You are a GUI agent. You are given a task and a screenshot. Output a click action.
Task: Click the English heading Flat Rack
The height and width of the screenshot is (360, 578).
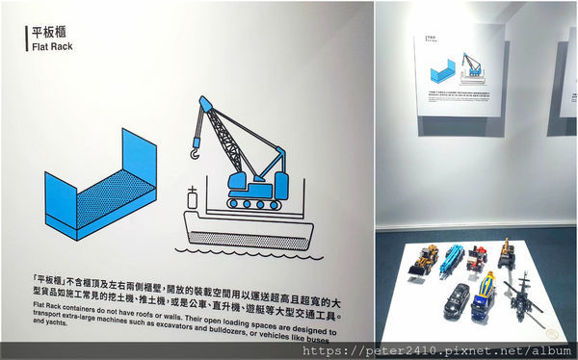coord(47,45)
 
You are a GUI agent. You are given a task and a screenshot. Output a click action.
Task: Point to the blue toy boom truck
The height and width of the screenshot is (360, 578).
coord(454,261)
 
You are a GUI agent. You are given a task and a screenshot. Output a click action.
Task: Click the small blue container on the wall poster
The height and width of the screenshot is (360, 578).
coord(442,70)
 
